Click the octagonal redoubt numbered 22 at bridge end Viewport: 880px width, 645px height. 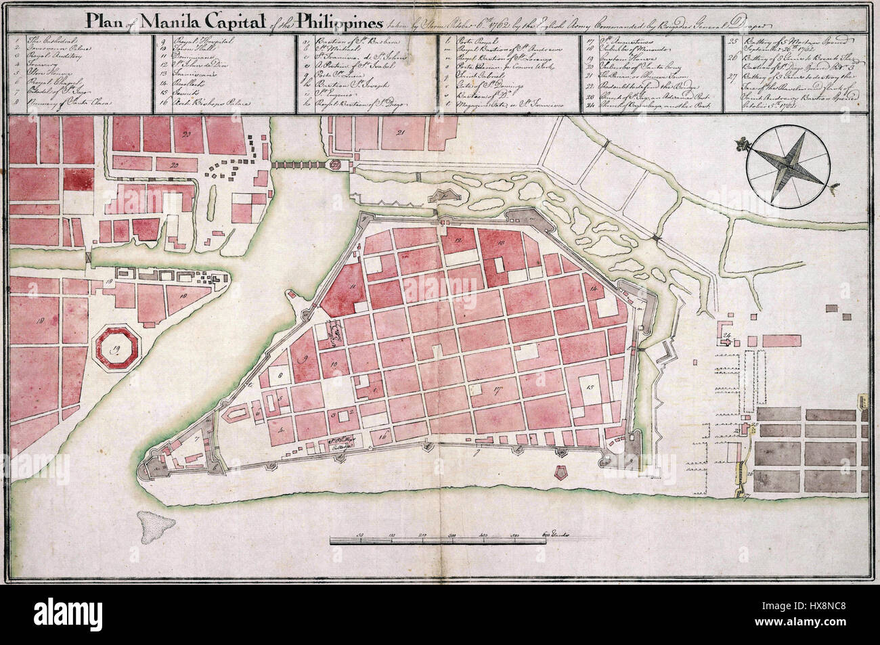click(336, 164)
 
